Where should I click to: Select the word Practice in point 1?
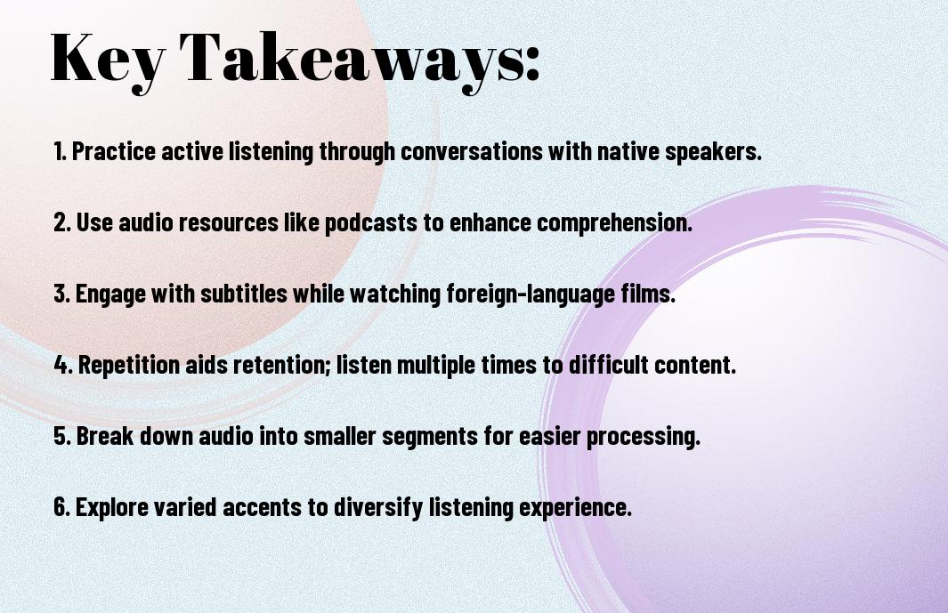click(x=114, y=151)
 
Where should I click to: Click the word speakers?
click(x=713, y=152)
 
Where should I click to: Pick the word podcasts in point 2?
click(x=371, y=223)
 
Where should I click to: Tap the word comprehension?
click(x=614, y=223)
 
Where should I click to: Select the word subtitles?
click(x=244, y=294)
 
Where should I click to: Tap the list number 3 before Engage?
click(x=61, y=294)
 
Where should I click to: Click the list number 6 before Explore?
click(x=61, y=506)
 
